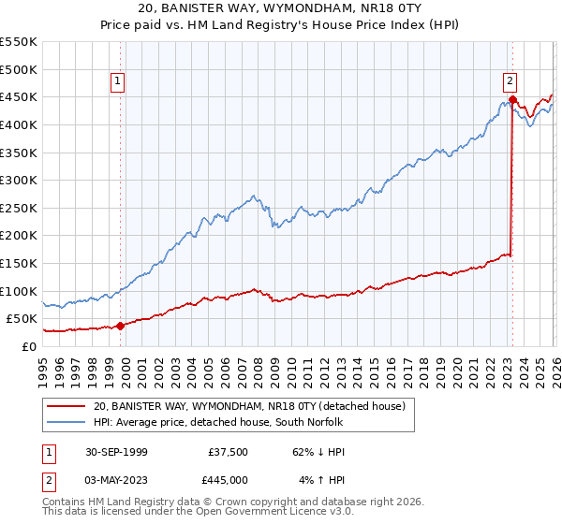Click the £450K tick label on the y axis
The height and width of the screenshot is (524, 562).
[x=19, y=97]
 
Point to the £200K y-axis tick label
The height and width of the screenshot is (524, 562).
[x=19, y=236]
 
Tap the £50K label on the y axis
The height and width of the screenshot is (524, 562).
[x=22, y=319]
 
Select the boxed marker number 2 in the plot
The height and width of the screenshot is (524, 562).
[x=510, y=81]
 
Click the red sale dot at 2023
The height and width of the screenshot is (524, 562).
[x=512, y=99]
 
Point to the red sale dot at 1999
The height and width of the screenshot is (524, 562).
[x=121, y=326]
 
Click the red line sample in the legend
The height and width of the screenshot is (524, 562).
[x=67, y=406]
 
